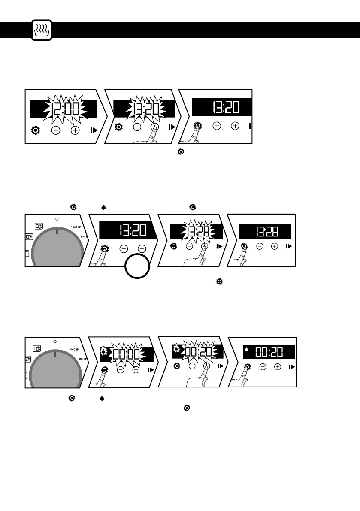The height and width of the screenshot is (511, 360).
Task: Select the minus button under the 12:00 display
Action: click(55, 129)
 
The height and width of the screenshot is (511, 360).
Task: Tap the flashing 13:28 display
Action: click(197, 232)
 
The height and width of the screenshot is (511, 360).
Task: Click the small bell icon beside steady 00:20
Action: click(246, 350)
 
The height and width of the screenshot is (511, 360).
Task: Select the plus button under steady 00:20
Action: click(278, 367)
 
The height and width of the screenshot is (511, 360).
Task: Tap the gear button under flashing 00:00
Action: click(104, 369)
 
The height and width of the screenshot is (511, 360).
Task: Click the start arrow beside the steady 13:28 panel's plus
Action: click(289, 246)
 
